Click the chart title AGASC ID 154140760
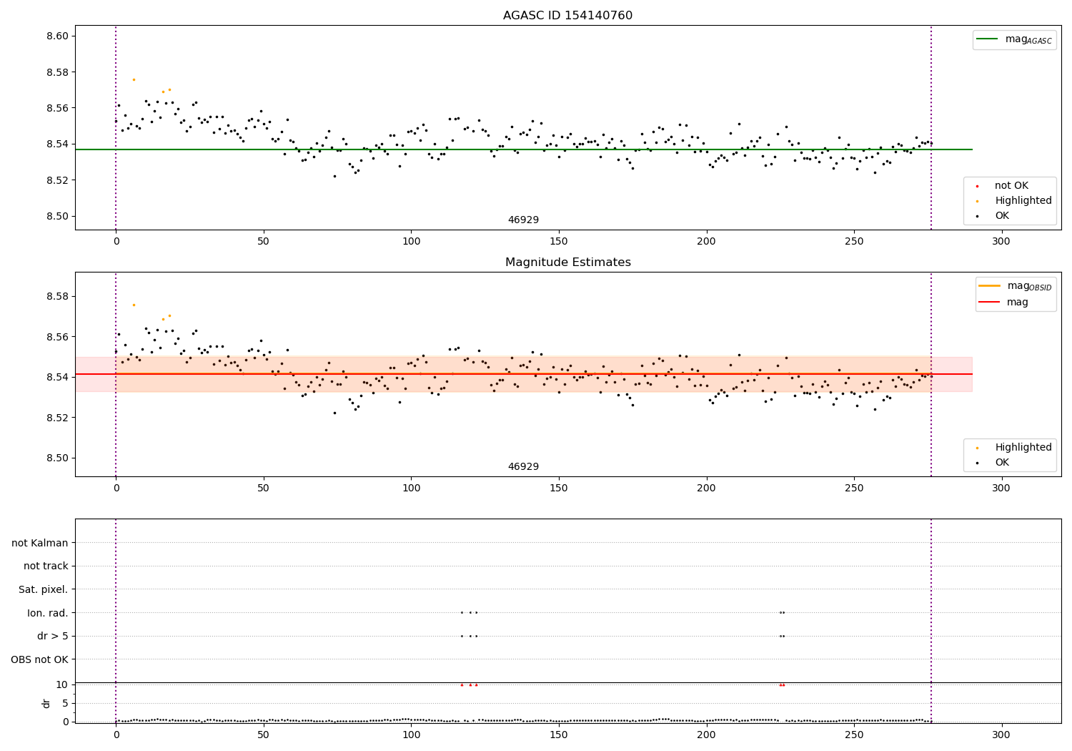[x=567, y=16]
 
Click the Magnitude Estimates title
[x=567, y=262]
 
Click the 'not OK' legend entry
[x=1011, y=186]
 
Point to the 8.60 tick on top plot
[x=56, y=36]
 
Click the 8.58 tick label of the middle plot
[x=56, y=296]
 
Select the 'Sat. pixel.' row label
[x=43, y=589]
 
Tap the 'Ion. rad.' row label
[x=47, y=613]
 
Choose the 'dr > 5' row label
[x=52, y=636]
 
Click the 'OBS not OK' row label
[x=39, y=659]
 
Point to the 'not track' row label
[x=46, y=566]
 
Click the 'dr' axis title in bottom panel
[x=46, y=703]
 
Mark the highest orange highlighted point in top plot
[x=134, y=79]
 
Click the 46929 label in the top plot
[x=523, y=220]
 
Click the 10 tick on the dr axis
[x=62, y=684]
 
